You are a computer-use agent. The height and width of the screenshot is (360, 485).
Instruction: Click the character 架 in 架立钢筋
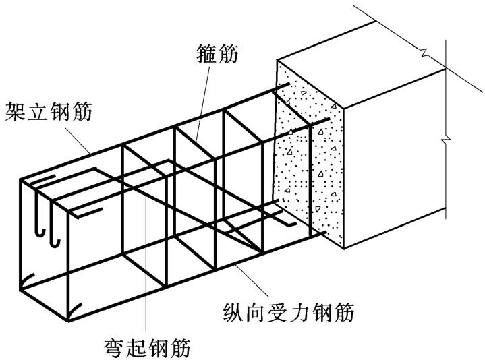click(x=14, y=112)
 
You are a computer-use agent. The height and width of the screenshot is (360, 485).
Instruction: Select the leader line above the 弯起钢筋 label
click(x=146, y=297)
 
